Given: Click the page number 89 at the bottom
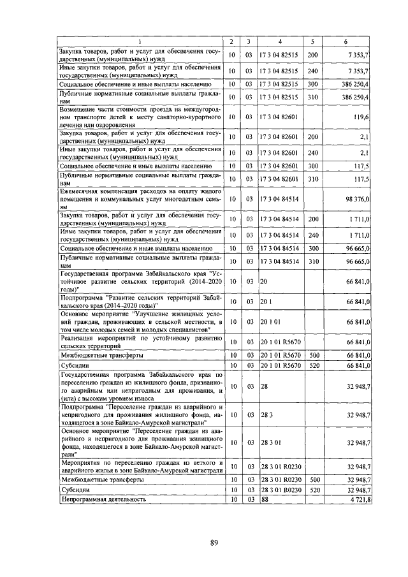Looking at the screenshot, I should (x=214, y=543).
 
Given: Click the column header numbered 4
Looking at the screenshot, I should (x=280, y=42).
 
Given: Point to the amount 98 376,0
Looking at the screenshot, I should (x=358, y=199).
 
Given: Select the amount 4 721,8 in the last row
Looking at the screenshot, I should (x=360, y=499).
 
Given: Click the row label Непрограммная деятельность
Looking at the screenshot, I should (x=103, y=499).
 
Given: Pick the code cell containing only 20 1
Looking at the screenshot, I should (x=266, y=301).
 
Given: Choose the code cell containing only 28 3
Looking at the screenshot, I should (x=266, y=414).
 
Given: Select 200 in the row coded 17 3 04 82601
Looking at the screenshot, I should (x=312, y=137).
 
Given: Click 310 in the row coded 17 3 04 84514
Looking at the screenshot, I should (x=312, y=261).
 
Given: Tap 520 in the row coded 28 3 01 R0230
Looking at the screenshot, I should (x=312, y=489).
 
